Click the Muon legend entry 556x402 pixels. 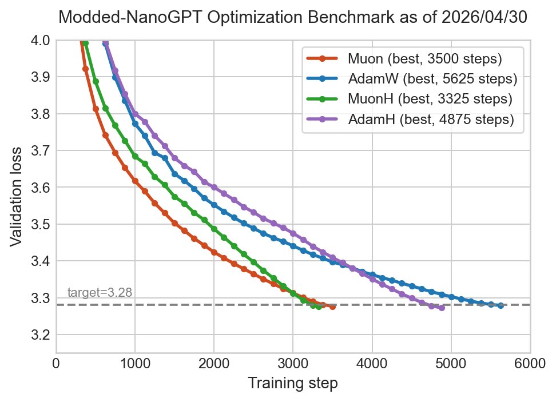404,58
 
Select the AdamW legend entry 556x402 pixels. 412,79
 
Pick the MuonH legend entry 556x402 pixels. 409,99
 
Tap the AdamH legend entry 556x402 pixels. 410,119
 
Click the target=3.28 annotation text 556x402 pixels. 100,292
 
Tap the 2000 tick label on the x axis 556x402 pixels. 213,364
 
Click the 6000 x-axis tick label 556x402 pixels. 530,364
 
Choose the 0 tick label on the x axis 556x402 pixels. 56,364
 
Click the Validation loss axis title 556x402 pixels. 16,196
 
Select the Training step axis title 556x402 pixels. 293,384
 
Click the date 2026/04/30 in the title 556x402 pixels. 484,17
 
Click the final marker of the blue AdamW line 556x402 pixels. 501,305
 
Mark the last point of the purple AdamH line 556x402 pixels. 442,308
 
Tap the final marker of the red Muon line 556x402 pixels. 332,307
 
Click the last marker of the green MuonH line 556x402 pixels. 319,307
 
